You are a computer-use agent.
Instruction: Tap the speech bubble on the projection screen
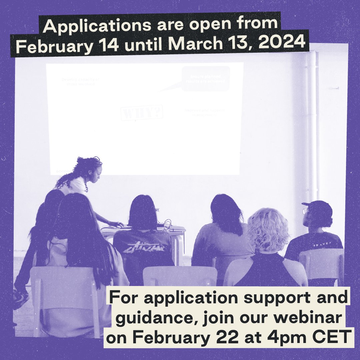point(205,78)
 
